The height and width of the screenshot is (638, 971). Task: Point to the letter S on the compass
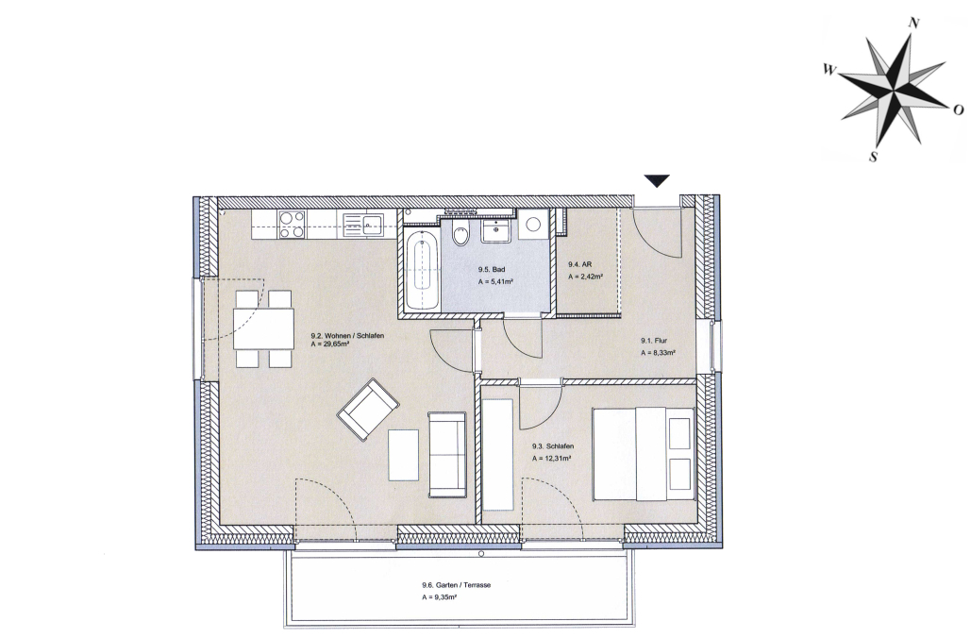(874, 157)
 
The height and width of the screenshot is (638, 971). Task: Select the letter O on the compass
(958, 109)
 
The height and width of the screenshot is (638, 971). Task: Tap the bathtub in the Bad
(423, 268)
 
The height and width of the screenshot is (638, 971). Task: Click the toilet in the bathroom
(461, 232)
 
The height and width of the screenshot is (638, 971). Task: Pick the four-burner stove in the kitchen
(291, 225)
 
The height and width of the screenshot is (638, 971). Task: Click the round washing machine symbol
(533, 225)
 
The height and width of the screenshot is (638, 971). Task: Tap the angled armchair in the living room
(368, 409)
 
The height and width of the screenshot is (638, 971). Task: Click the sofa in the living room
(447, 455)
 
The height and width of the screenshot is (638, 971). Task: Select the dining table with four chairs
(263, 328)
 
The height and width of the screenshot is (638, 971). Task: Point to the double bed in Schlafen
(644, 453)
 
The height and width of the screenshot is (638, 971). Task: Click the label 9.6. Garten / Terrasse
(456, 585)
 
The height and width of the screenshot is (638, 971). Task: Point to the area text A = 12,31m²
(551, 459)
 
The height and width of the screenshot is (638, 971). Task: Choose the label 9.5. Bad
(491, 269)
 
